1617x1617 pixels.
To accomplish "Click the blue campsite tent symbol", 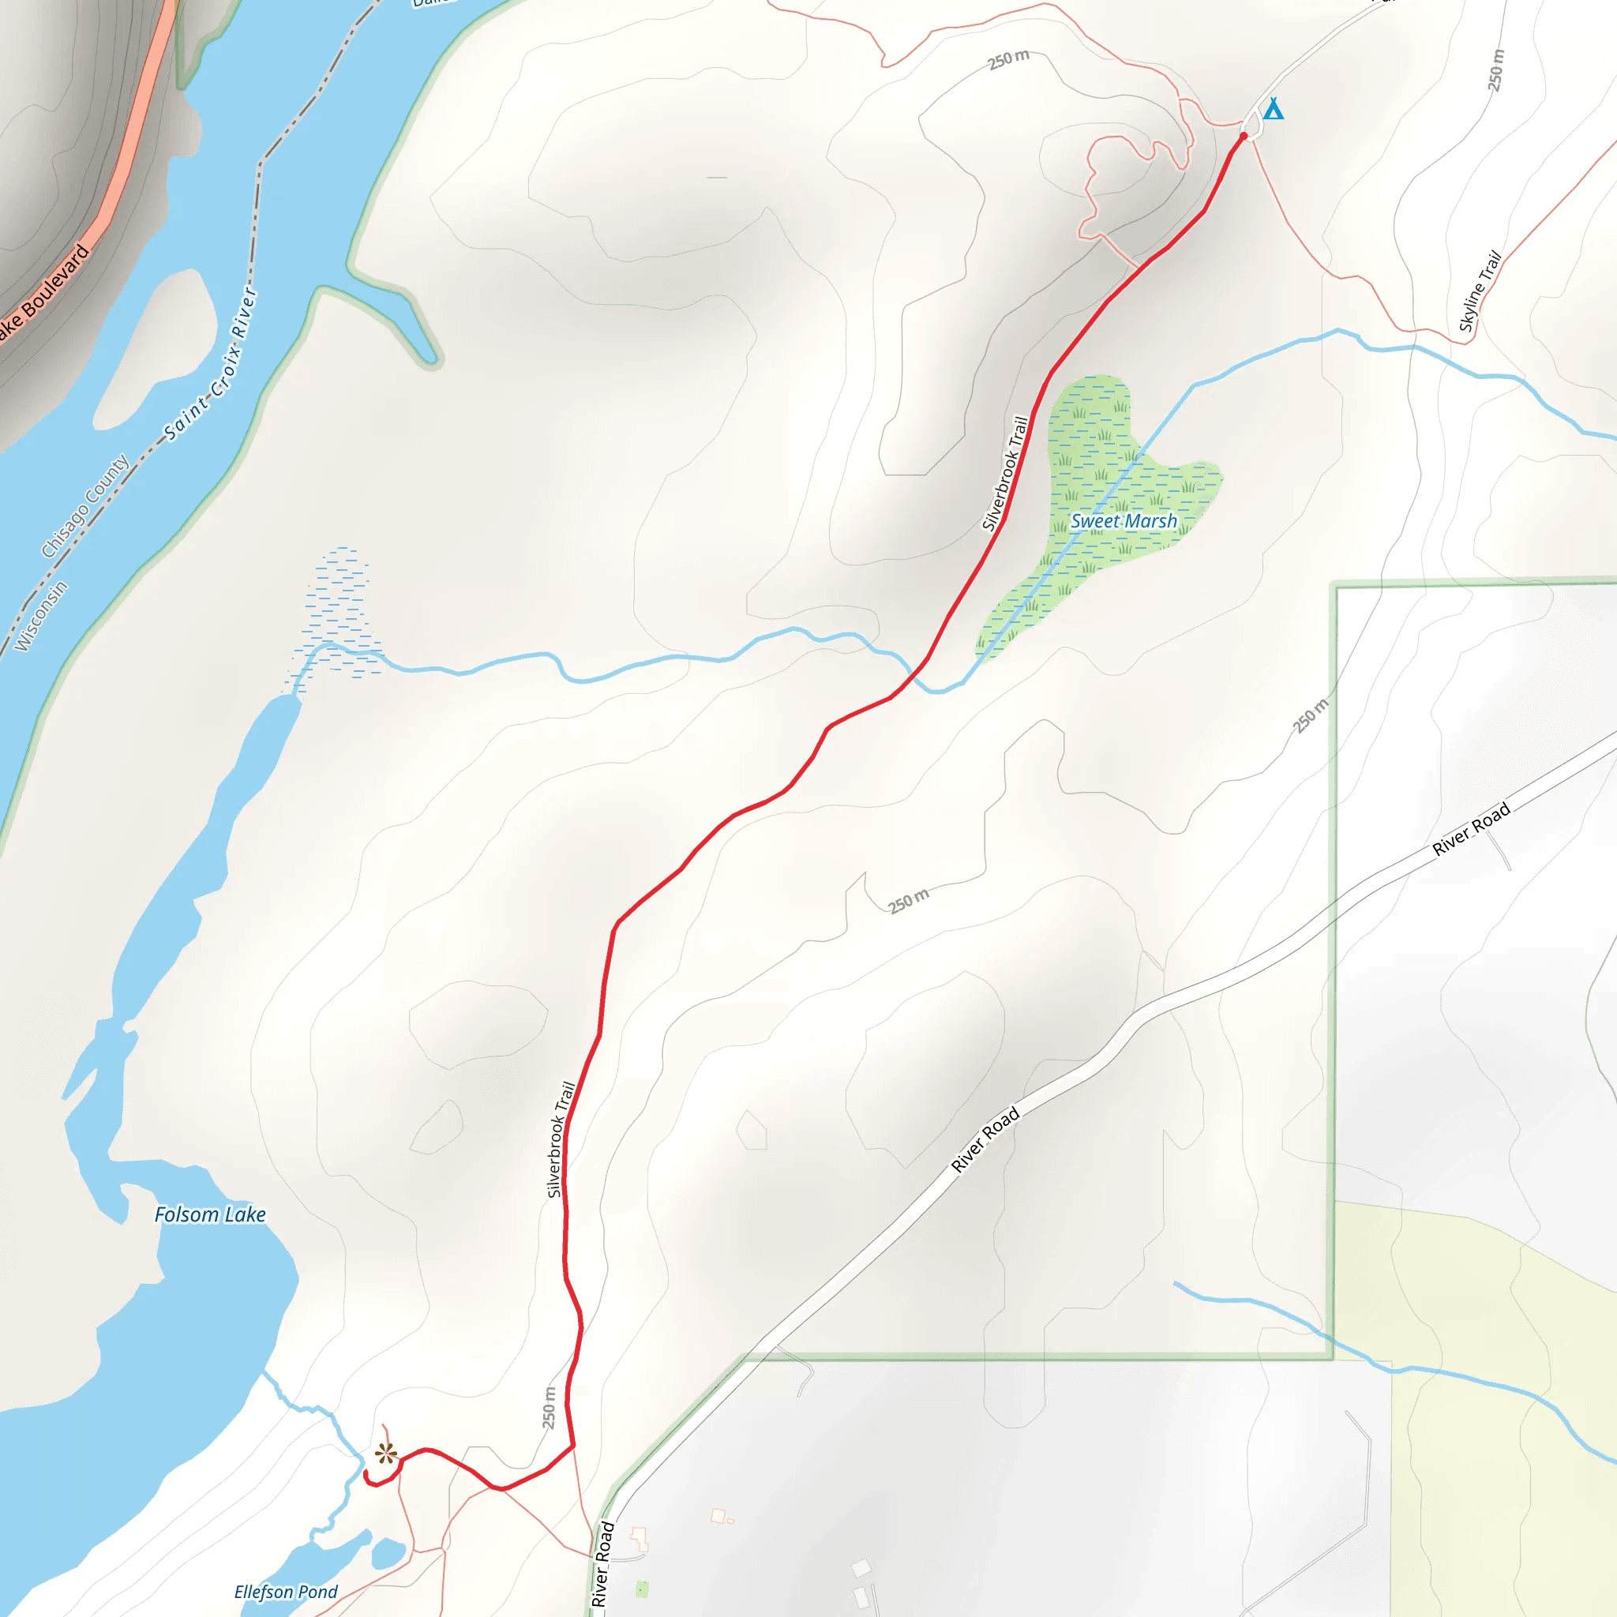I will click(1272, 109).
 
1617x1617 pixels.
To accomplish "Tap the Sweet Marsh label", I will click(1124, 521).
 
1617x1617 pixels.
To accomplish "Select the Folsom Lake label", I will click(210, 1214).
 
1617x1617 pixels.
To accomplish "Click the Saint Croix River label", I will click(211, 364).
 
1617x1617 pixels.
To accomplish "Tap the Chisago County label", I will click(85, 505).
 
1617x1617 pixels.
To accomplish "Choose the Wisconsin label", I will click(41, 616).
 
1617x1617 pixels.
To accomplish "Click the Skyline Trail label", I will click(1480, 291).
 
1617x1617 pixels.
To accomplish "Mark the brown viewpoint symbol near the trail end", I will click(386, 1454).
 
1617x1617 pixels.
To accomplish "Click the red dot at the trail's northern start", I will click(1244, 136).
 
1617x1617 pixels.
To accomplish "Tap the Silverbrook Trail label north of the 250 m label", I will click(561, 1139).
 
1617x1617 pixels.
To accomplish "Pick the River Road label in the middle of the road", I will click(985, 1139).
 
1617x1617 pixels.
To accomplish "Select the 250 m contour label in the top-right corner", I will click(1495, 70).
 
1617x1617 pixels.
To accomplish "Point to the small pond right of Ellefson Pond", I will click(388, 1553).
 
